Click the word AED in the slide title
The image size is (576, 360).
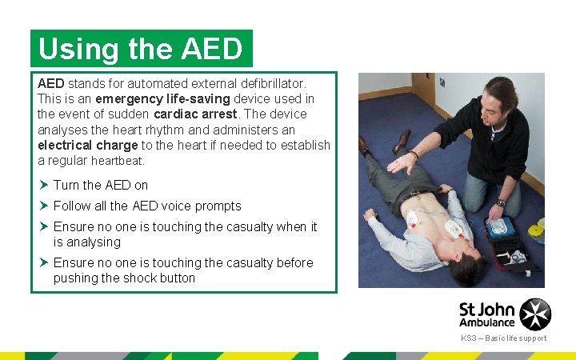211,50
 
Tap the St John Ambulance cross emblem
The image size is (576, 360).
535,314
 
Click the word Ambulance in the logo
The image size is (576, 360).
486,322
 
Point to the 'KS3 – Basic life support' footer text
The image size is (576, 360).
503,338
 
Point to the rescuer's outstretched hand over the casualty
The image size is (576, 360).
402,162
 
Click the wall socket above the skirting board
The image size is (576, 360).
442,82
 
